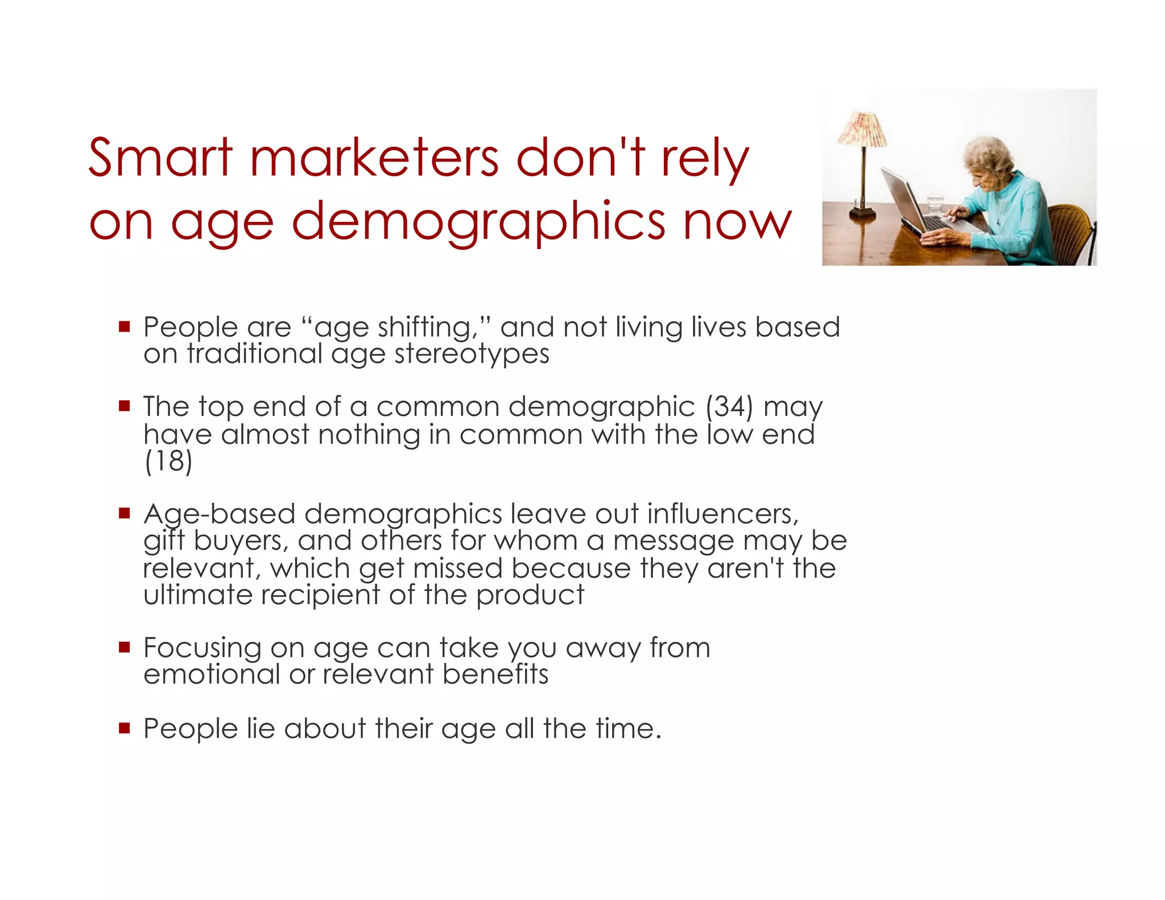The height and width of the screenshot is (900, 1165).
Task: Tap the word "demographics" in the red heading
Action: pos(478,221)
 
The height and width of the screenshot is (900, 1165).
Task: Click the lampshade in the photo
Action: pos(862,129)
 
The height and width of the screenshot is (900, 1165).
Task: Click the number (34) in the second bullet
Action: pos(729,406)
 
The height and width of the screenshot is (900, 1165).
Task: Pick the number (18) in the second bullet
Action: pos(168,461)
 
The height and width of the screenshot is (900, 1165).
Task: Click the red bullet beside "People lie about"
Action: pos(125,728)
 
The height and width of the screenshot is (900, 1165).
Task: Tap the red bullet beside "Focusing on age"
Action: pos(125,647)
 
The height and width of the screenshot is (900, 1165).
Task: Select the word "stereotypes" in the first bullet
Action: pos(472,354)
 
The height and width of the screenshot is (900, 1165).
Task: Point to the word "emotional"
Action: pos(212,675)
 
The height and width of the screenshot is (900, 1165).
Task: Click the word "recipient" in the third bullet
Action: pos(321,595)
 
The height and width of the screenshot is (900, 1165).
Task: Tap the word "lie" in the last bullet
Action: pos(261,728)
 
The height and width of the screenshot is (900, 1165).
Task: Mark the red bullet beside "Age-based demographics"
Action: pos(125,513)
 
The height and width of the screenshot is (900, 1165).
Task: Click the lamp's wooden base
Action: pos(862,213)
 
